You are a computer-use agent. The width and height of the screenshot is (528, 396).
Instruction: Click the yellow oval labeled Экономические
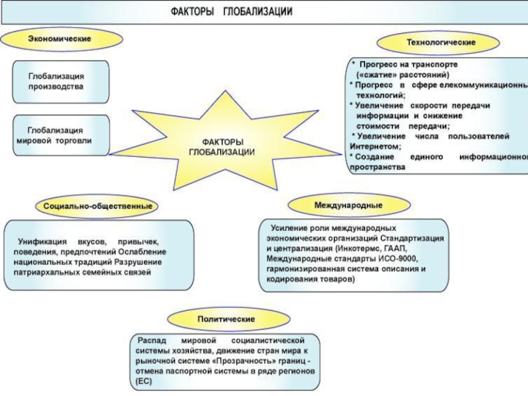click(x=58, y=39)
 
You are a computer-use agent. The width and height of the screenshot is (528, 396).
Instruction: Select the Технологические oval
click(x=441, y=42)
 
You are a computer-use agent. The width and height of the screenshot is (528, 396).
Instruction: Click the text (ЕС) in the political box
click(x=144, y=382)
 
